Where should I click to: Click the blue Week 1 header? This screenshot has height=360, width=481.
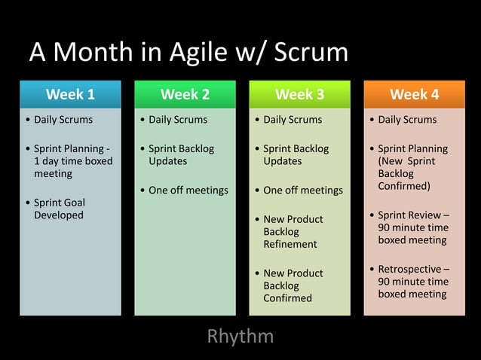70,94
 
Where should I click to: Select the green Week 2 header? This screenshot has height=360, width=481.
185,94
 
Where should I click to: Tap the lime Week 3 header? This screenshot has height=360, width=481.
299,94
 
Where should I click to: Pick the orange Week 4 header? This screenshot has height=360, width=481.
414,94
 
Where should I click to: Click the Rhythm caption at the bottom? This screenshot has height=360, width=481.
240,336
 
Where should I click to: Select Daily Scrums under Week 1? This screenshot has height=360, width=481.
63,120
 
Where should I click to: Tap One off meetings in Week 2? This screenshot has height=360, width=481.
188,190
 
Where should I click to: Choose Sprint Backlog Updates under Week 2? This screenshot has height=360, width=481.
180,154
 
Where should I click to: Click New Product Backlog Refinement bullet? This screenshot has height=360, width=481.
293,231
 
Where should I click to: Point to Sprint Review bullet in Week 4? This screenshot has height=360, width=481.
413,227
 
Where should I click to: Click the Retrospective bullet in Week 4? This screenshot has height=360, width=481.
413,281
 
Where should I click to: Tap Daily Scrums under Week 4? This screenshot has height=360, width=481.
407,120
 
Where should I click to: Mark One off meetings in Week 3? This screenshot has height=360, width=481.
302,190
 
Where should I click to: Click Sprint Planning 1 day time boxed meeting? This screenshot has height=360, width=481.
72,160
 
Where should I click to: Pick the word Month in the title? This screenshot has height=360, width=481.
93,53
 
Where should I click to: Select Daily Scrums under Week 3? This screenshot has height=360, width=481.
293,120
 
